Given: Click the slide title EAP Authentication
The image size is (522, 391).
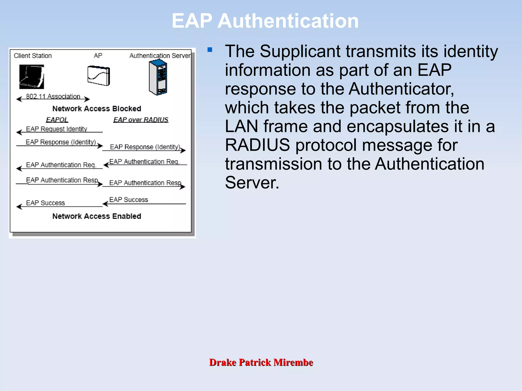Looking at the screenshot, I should point(265,21).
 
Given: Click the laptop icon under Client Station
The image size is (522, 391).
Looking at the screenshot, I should point(32,77).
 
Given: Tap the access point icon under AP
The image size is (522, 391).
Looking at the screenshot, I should point(99,76).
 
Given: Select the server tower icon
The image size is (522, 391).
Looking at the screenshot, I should point(158,77).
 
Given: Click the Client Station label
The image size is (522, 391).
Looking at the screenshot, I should point(33,56).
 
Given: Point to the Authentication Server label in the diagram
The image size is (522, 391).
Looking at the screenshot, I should point(160,56).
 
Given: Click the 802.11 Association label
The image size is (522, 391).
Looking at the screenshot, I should point(53,96).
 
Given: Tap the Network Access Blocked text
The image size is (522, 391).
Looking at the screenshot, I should point(97,109).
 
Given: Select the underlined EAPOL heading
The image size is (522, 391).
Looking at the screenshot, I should point(57,120).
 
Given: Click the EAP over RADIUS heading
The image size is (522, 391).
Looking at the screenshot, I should point(141,120).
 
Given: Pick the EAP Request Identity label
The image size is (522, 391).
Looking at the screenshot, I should point(57,129).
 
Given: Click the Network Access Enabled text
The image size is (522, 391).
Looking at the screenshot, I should point(97,216).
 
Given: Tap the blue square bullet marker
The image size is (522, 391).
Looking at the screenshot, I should point(210,50).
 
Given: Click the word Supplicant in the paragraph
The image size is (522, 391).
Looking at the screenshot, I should point(300,52).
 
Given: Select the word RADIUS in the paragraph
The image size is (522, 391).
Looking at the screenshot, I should point(257,145).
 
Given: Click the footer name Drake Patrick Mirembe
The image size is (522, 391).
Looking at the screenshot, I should point(261,362).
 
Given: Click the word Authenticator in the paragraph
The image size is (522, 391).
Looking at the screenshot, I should point(401,89).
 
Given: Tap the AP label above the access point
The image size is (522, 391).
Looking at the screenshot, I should point(98,56).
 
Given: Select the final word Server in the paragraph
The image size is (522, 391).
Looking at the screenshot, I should point(252,183).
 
